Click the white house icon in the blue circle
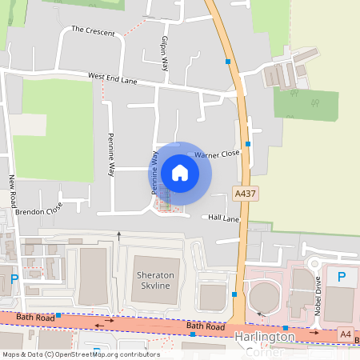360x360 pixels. tap(180, 172)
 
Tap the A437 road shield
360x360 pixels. tap(246, 194)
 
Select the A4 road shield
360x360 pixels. tap(345, 334)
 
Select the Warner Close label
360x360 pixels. tap(217, 152)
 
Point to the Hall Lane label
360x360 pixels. tap(224, 218)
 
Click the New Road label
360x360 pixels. tap(13, 192)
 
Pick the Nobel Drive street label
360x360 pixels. tap(318, 294)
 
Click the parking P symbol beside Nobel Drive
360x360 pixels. tap(342, 277)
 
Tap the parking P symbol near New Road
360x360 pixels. tap(14, 279)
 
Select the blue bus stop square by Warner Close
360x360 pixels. tap(248, 144)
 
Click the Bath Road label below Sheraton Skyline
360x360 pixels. tap(202, 326)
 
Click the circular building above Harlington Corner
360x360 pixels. tap(264, 298)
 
